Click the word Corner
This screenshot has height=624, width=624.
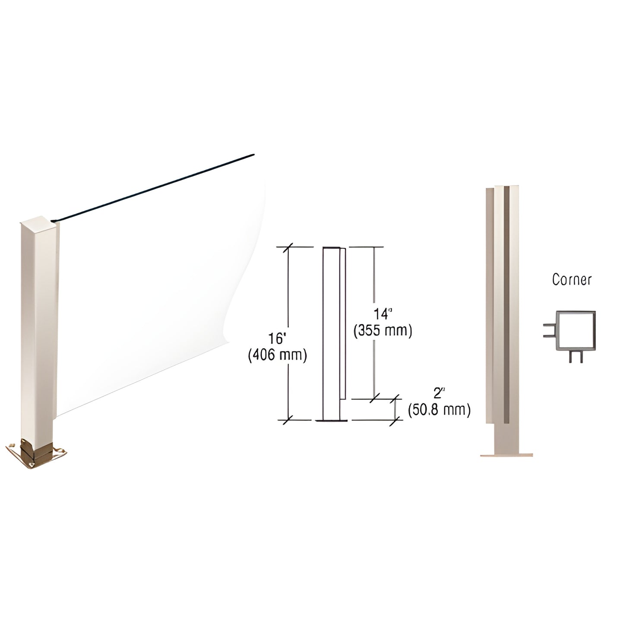coord(571,279)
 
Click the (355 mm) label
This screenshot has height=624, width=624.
coord(383,330)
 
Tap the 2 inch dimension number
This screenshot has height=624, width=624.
coord(439,393)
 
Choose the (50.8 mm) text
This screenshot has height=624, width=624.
coord(439,409)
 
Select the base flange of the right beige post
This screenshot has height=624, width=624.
coord(506,454)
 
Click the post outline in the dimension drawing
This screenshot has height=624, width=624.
coord(331,333)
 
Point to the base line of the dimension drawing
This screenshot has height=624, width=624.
coord(331,420)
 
